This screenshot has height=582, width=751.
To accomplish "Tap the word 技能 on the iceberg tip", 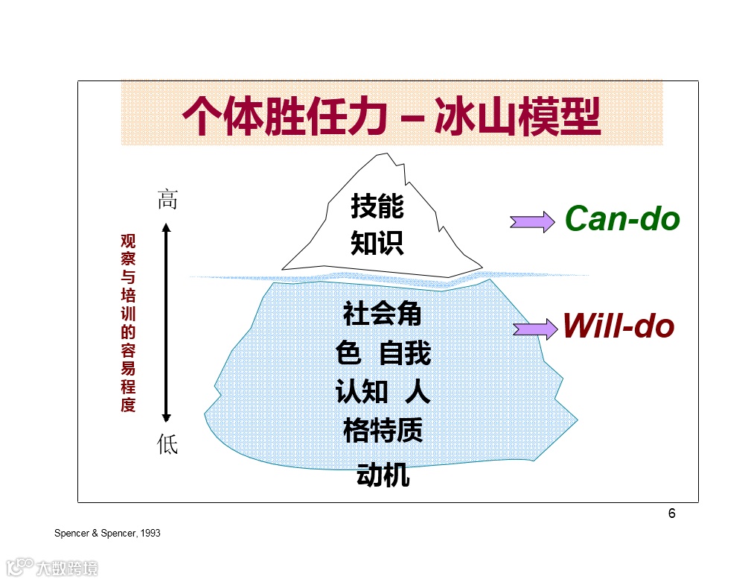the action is pos(377,206).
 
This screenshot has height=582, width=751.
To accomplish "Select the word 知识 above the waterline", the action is pos(377,243).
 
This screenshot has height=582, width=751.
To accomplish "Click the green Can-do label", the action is pos(622,218).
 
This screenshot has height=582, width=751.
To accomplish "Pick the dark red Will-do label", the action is pos(618,326).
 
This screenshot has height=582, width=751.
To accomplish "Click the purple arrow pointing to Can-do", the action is pos(531,221).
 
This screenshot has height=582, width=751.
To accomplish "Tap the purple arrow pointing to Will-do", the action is pos(534,329).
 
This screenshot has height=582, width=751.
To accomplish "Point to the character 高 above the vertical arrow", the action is pos(167,200).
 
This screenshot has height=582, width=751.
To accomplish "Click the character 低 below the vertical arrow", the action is pos(167,444).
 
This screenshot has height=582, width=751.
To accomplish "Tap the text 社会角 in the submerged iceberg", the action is pos(383,314).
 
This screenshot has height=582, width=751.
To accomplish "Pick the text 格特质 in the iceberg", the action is pos(383,430).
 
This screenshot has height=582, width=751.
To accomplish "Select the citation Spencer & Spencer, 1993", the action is pos(107,534).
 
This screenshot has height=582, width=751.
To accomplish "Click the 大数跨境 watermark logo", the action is pos(52,569).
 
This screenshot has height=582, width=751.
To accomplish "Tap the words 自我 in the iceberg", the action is pos(405,352).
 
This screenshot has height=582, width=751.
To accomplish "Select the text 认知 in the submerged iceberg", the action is pos(362,392).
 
